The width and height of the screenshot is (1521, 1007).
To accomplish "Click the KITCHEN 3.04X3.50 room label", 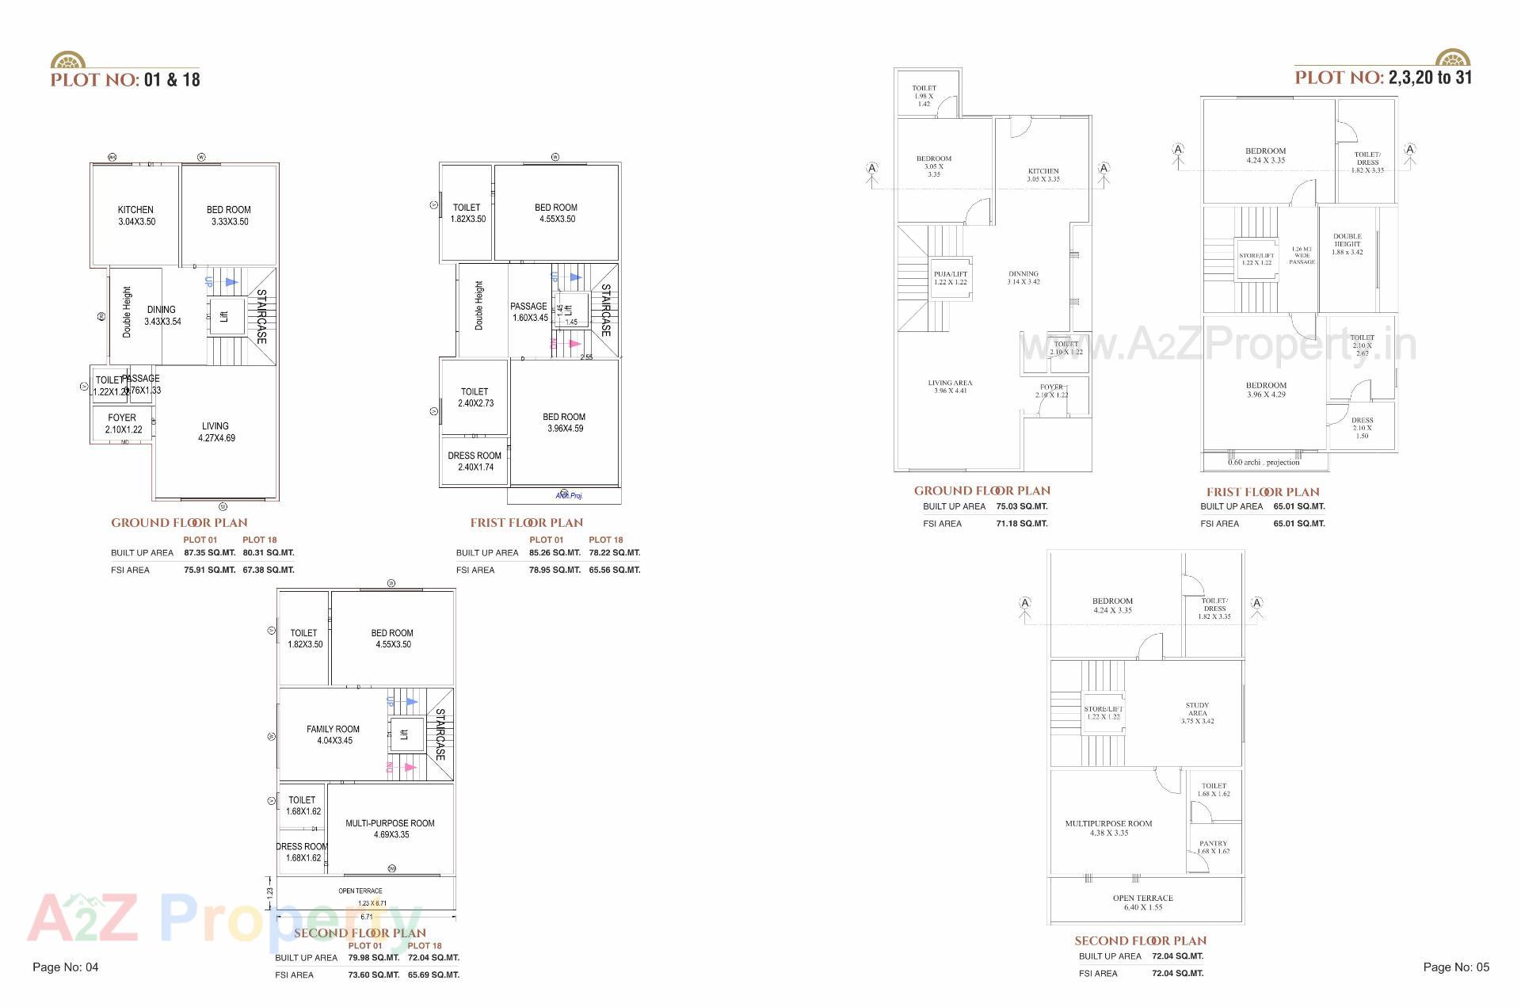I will (x=136, y=216).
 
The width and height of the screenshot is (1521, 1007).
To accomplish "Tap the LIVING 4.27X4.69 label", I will (x=215, y=432).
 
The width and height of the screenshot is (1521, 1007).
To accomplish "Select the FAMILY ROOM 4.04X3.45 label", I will (x=334, y=734).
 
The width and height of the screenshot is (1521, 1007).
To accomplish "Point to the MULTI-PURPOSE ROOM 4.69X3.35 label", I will (x=390, y=829).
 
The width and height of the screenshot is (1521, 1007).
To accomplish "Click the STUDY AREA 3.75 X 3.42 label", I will (x=1197, y=713).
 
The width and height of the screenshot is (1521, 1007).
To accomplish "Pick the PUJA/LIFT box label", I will (x=951, y=278).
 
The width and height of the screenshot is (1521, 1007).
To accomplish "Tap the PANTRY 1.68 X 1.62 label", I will (x=1213, y=847).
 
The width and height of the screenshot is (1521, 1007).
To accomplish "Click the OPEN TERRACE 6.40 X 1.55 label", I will (x=1142, y=902).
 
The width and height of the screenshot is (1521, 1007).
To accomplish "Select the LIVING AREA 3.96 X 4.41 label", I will (x=950, y=387).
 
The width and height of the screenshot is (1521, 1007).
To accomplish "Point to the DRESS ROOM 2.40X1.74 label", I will (x=475, y=461).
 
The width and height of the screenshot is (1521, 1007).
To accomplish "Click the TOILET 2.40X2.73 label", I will (x=475, y=397).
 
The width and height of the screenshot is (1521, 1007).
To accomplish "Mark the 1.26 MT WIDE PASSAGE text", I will (x=1302, y=255).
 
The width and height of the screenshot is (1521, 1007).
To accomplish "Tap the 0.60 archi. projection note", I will (x=1264, y=462).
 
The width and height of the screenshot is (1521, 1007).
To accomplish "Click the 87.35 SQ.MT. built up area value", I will (x=210, y=553).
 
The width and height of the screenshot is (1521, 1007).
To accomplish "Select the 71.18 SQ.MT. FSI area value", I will (x=1022, y=524).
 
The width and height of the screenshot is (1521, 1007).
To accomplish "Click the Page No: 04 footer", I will (x=66, y=967).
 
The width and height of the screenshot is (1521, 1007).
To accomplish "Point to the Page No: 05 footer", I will (x=1456, y=967).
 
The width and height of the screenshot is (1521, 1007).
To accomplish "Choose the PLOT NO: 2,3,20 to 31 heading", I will (x=1383, y=78).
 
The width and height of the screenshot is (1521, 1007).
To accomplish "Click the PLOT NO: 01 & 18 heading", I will (x=125, y=80).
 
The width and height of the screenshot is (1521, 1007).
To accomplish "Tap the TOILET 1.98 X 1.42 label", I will (x=924, y=96).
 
